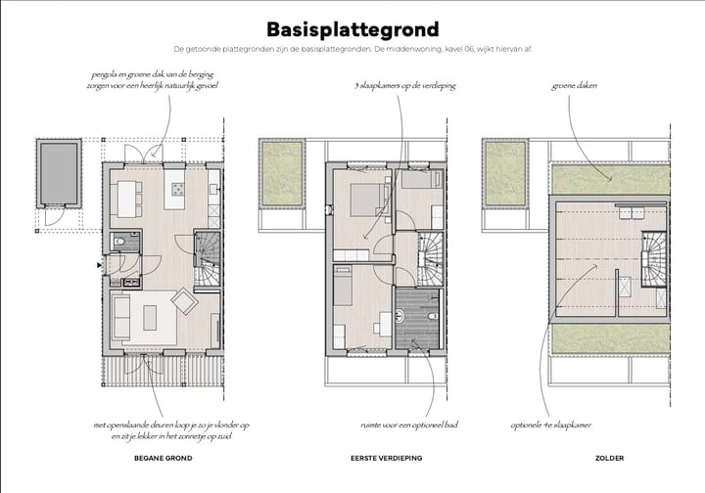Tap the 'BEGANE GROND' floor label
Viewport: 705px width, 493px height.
(x=163, y=458)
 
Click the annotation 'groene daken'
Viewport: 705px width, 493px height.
(x=575, y=86)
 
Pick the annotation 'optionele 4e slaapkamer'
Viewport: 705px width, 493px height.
(x=551, y=426)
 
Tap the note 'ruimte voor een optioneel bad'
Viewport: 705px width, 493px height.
(x=409, y=426)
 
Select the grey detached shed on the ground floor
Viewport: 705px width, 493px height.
(x=60, y=173)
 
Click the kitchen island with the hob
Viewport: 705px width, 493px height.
(x=177, y=188)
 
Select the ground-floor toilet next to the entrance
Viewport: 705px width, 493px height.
(x=117, y=242)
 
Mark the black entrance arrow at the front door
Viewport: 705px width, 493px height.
(x=99, y=264)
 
